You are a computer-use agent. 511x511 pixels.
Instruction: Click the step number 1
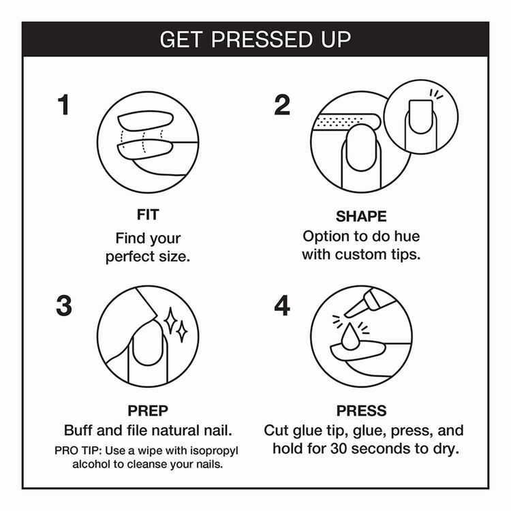point(64,105)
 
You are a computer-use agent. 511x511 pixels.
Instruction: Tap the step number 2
point(282,105)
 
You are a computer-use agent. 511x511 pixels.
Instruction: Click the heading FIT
point(148,215)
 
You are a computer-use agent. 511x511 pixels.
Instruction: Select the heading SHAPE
point(361,217)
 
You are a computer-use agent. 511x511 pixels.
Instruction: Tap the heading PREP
point(148,411)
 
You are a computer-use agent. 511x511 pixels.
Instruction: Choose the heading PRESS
point(361,411)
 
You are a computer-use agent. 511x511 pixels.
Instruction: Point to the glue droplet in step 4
point(350,337)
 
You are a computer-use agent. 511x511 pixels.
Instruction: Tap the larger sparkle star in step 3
point(170,321)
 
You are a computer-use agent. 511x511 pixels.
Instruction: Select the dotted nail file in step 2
point(346,121)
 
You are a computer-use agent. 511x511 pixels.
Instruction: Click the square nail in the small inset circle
point(420,117)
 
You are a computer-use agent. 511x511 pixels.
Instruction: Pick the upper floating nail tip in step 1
point(146,121)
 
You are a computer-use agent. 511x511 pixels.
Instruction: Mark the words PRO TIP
point(78,450)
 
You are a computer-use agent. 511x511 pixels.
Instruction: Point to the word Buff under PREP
point(78,430)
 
